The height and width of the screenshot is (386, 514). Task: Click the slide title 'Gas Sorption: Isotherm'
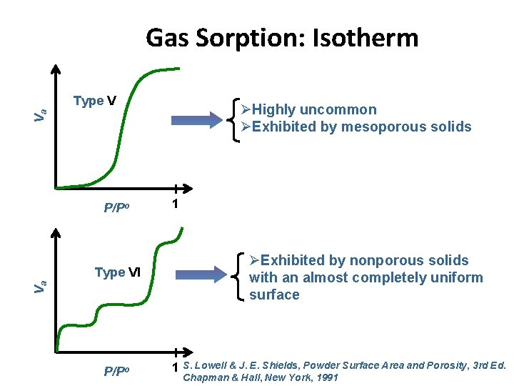point(282,37)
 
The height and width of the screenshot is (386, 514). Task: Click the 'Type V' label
point(95,101)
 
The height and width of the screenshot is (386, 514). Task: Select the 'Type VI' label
point(119,272)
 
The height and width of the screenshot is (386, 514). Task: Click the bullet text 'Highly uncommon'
point(314,109)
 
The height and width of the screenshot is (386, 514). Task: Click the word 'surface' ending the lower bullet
point(274,295)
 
